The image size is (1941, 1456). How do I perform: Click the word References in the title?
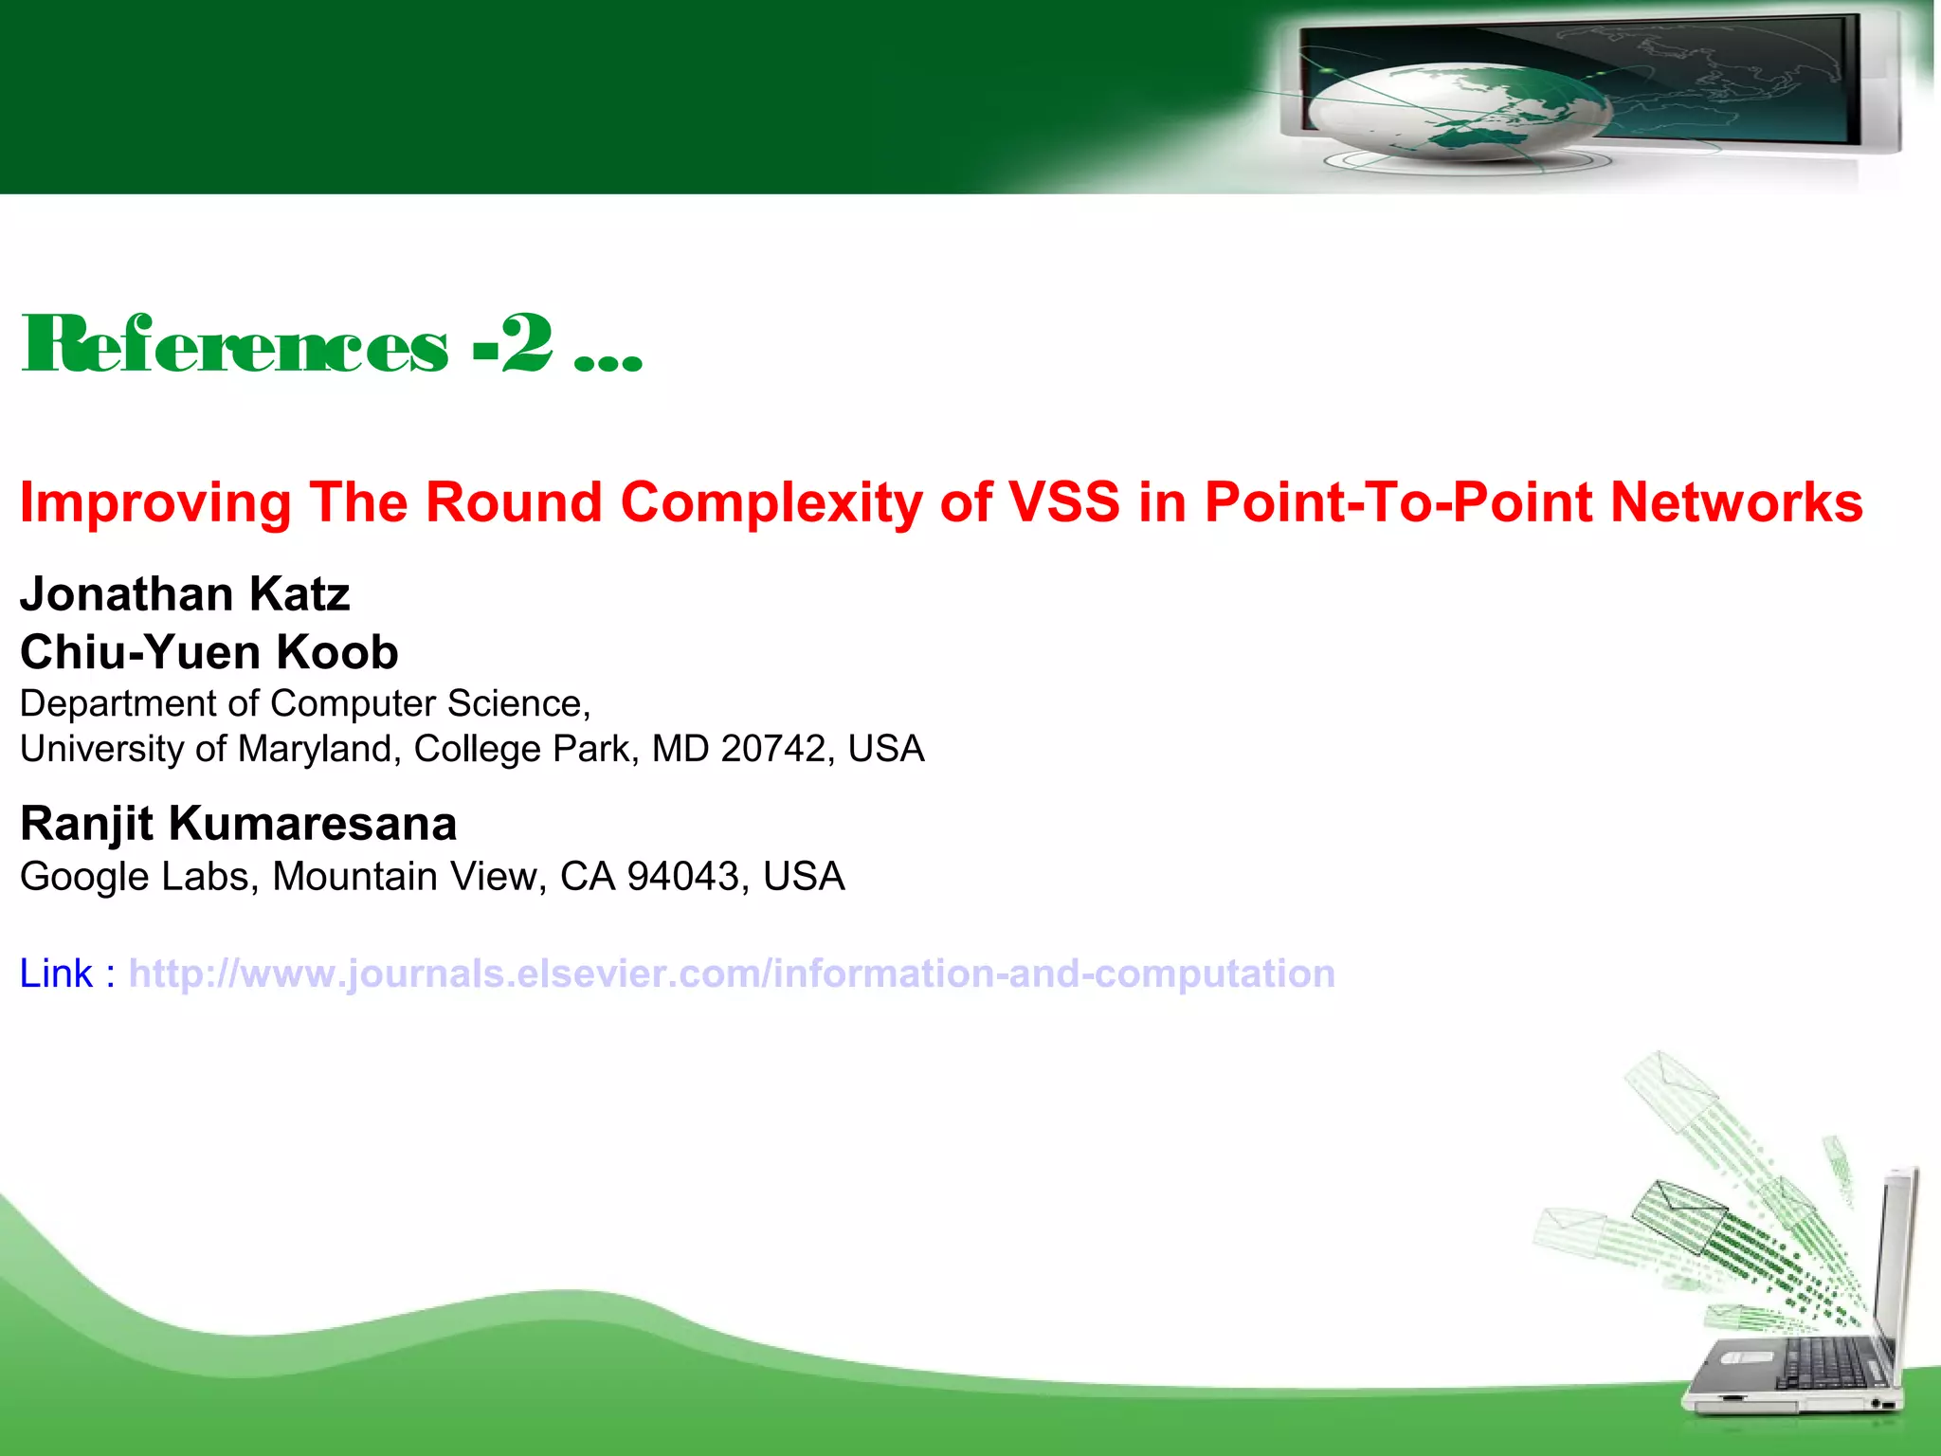tap(234, 346)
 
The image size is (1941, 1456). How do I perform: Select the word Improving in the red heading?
tap(155, 502)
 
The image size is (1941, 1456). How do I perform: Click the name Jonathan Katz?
tap(185, 594)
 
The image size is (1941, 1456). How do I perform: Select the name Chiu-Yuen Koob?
tap(209, 652)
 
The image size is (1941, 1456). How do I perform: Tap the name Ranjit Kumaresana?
tap(238, 823)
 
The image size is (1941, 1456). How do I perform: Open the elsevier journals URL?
tap(731, 974)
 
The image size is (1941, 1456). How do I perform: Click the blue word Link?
tap(56, 974)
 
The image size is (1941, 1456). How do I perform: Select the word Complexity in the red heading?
tap(770, 502)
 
